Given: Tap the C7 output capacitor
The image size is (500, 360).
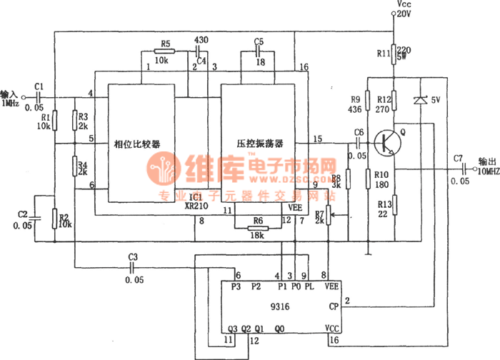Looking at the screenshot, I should coord(449,169).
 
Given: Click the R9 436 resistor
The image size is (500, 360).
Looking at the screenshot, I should coord(367,103).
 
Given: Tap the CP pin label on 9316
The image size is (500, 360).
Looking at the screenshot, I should coord(334,306).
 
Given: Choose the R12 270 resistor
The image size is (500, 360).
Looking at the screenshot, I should coord(394,103).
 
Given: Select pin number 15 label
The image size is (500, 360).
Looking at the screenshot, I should coord(317,139).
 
